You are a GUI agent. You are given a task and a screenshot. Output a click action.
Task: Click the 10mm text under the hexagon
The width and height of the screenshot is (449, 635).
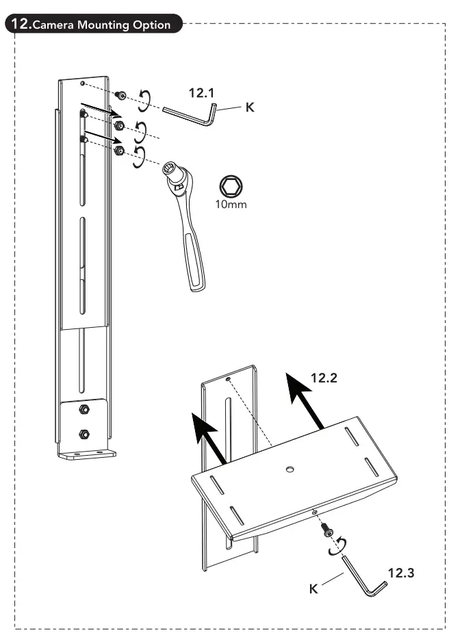230,204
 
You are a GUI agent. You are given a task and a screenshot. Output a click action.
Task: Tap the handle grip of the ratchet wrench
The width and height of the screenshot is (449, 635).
193,257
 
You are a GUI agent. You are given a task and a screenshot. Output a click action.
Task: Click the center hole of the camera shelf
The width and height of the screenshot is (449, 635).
290,469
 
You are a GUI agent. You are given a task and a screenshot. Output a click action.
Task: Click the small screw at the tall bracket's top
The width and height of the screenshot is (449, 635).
120,95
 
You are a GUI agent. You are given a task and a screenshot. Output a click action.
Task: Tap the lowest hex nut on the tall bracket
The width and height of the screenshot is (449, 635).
84,433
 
